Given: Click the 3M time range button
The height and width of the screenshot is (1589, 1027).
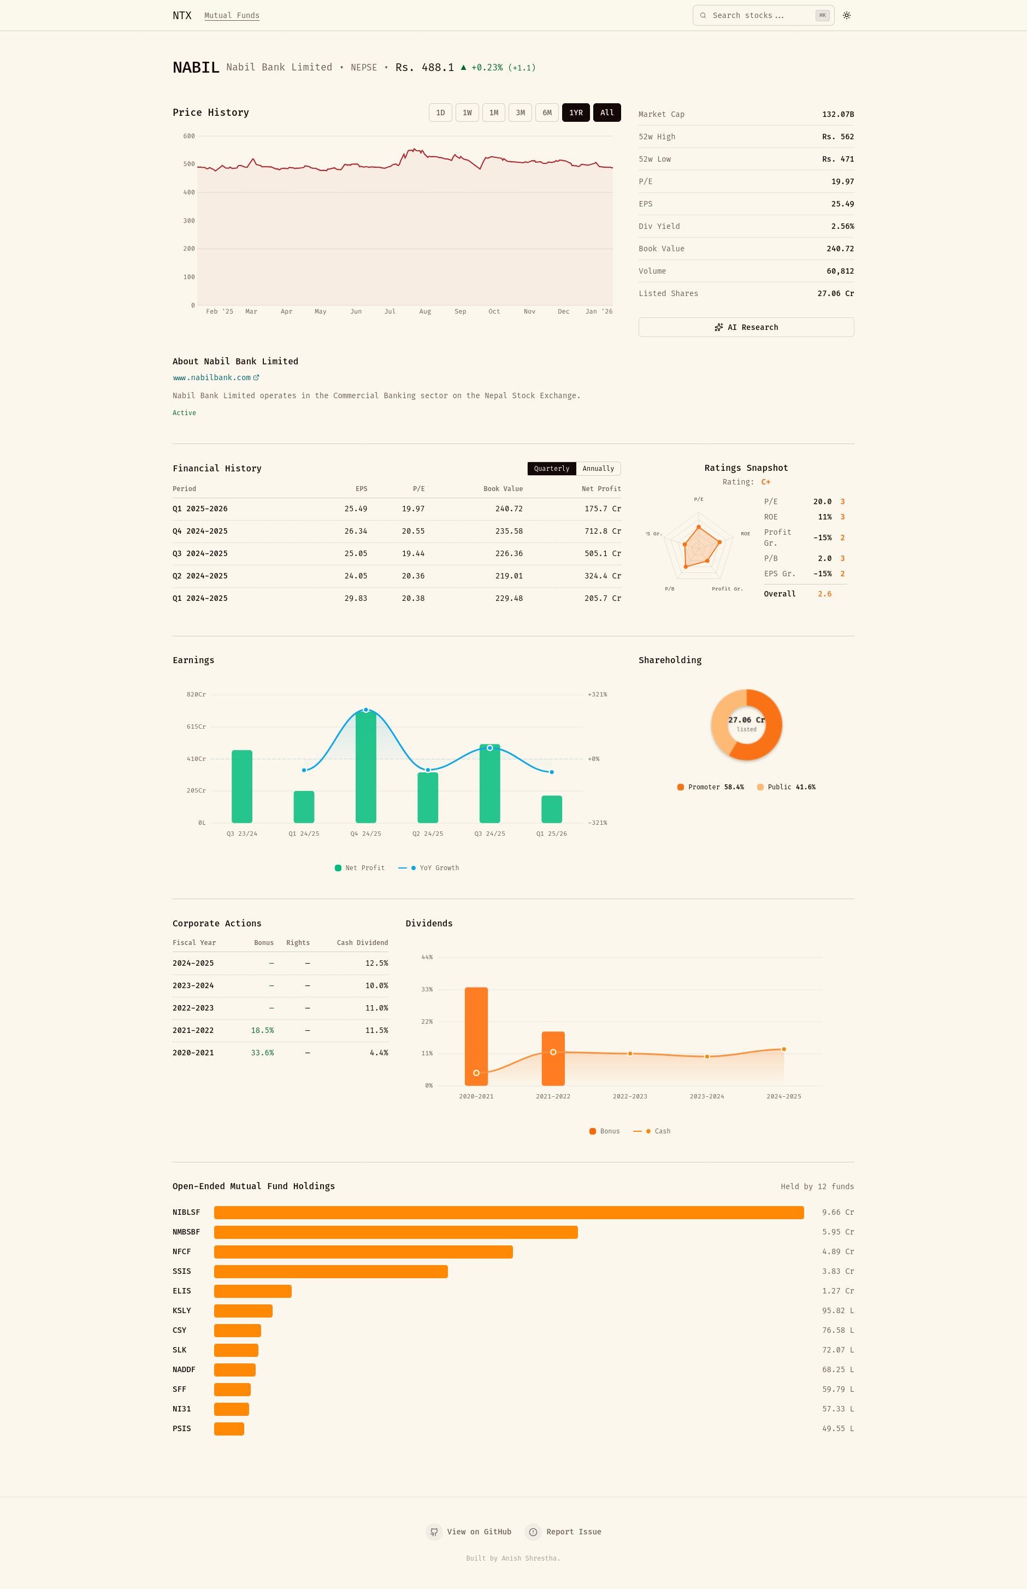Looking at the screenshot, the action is (520, 113).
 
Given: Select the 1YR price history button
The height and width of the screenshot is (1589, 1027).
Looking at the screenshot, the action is (576, 113).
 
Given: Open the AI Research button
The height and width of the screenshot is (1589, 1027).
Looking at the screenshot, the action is (746, 327).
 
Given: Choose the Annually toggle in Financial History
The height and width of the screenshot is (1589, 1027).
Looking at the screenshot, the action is (598, 469).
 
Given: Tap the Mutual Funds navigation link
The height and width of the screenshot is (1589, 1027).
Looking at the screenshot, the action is (232, 15).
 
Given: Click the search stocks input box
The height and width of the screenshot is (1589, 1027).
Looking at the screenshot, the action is (764, 15).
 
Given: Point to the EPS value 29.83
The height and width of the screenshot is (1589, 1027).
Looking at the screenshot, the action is (356, 599).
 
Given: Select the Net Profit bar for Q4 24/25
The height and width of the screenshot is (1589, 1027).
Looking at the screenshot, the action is (366, 767).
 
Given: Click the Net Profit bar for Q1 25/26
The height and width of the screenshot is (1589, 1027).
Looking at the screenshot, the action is (552, 810).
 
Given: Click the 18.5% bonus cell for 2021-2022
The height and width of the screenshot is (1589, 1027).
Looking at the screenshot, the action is (262, 1031).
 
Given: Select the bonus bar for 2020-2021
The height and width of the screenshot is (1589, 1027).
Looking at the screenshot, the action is (476, 1036).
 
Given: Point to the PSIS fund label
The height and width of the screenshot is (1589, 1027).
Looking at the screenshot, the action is (182, 1429).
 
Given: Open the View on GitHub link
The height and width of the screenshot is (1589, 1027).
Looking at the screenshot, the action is (469, 1532).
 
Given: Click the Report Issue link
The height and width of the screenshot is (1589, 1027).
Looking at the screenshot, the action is (564, 1532).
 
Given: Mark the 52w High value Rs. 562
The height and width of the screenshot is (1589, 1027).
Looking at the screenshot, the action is (839, 137).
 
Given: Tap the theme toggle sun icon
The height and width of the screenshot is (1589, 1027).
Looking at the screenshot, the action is (847, 15).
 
